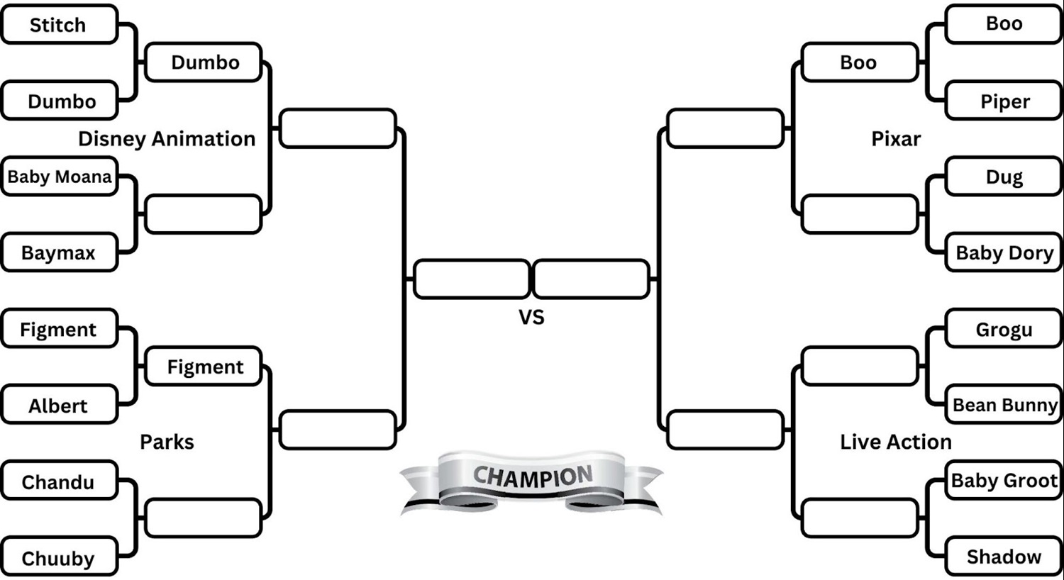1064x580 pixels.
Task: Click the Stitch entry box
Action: click(59, 25)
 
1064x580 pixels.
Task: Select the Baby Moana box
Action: click(59, 177)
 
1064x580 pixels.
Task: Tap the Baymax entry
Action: click(59, 252)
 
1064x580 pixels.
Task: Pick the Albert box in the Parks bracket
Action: click(59, 406)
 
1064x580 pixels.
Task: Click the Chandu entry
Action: click(59, 481)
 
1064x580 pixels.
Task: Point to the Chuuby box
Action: click(59, 558)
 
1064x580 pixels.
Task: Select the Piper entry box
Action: click(1004, 101)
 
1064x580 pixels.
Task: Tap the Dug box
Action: click(1004, 177)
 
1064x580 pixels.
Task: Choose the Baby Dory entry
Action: click(1004, 252)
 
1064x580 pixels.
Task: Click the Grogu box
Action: click(1004, 330)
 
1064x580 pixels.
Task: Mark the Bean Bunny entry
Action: click(1004, 405)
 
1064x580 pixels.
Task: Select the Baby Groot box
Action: click(1004, 481)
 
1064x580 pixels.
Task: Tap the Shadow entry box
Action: click(1004, 557)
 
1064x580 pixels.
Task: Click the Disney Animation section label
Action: click(167, 138)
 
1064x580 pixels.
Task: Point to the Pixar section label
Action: click(896, 138)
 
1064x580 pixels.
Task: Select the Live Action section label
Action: click(896, 442)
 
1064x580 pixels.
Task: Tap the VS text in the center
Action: click(531, 317)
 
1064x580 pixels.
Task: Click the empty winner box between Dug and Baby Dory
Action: click(860, 214)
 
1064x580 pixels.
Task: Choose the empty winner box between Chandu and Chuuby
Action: click(203, 518)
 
